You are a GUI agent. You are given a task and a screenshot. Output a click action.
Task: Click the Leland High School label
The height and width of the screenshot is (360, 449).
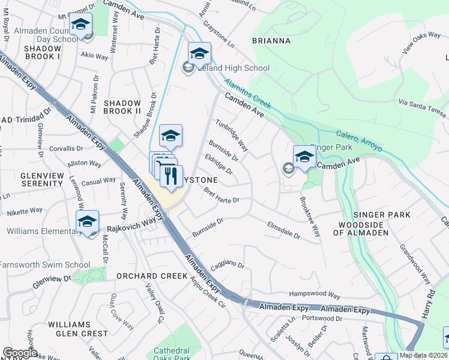point(234,68)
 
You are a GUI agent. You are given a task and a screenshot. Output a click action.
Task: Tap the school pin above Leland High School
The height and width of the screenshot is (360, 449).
point(199,54)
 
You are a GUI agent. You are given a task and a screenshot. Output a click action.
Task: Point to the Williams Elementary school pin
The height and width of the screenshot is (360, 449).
point(88,221)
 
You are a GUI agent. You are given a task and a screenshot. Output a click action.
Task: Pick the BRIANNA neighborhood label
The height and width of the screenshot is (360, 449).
point(271,41)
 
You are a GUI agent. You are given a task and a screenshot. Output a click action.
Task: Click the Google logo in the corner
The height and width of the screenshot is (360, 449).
point(19,353)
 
